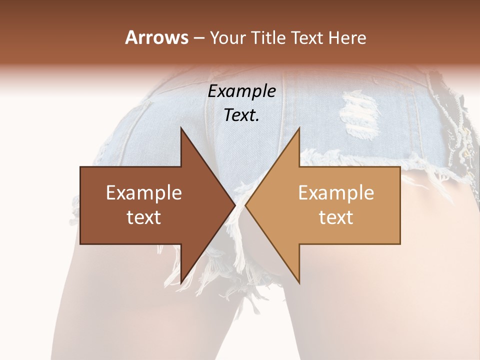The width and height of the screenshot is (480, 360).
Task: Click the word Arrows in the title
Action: [x=156, y=37]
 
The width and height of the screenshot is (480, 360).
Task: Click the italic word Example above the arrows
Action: [x=242, y=91]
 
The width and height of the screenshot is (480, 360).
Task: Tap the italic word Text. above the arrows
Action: [x=242, y=115]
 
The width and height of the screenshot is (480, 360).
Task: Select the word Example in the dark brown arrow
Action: [x=144, y=192]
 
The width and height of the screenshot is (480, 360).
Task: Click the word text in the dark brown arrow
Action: [x=144, y=217]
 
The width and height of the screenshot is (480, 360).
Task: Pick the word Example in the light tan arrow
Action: [x=336, y=192]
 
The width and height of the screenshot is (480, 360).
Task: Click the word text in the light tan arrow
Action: [x=336, y=217]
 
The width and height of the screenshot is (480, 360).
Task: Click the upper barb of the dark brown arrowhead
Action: [x=182, y=131]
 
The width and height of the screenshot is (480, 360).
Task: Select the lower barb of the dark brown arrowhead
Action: [x=182, y=281]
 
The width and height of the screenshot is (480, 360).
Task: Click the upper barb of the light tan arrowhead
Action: [x=298, y=131]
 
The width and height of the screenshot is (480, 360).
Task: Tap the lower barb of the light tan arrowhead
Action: [x=298, y=281]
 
